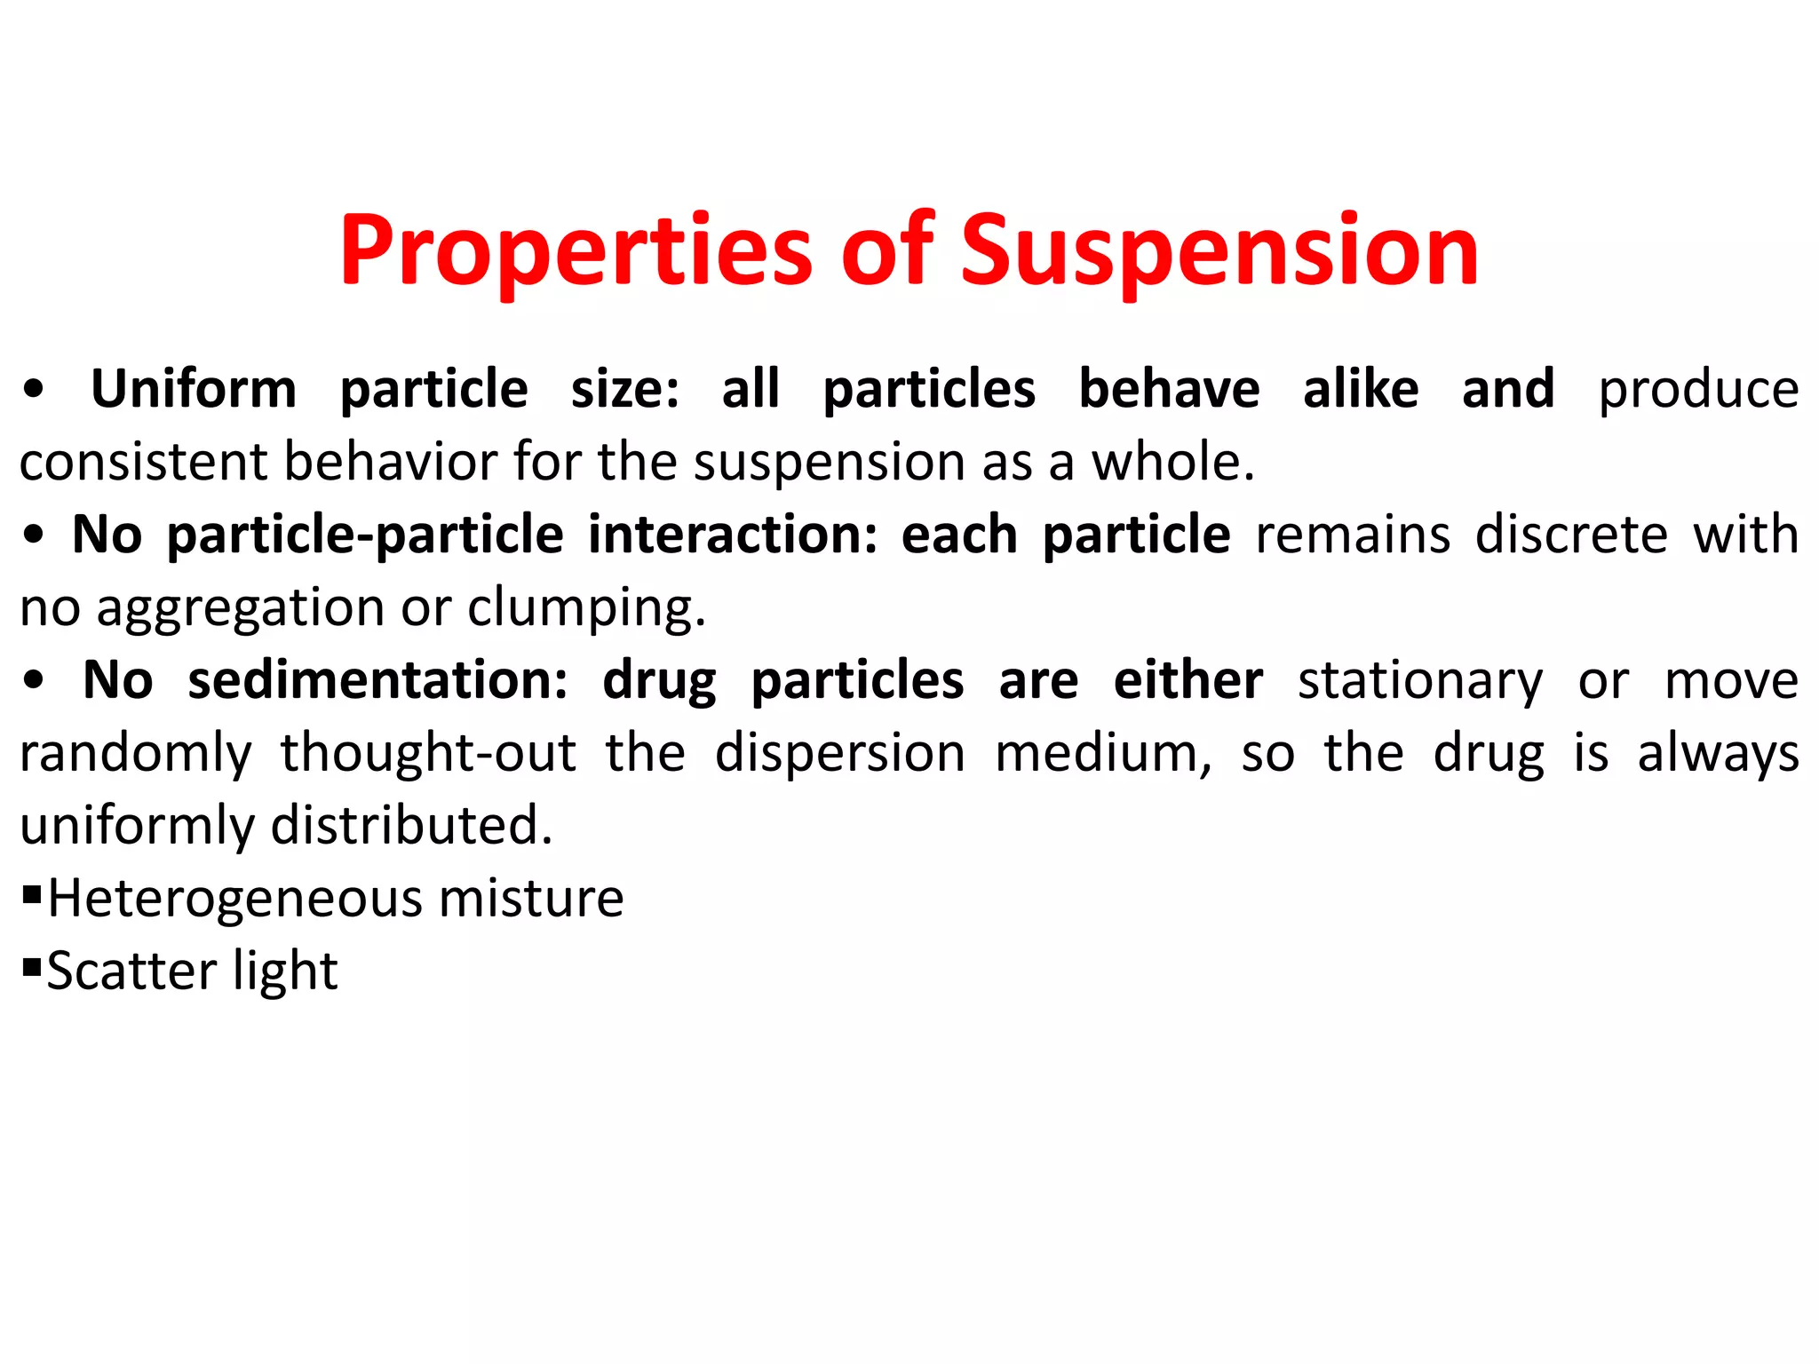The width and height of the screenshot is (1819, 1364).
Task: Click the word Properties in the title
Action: click(x=576, y=251)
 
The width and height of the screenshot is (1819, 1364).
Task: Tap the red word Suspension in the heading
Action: click(x=1219, y=251)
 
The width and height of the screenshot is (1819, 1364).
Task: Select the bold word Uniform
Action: click(x=194, y=389)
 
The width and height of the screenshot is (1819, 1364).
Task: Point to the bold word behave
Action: click(x=1169, y=389)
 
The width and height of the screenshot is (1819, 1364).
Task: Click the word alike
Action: click(x=1361, y=389)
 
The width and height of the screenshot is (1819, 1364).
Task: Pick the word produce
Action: click(x=1698, y=389)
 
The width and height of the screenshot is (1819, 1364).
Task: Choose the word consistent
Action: click(x=143, y=462)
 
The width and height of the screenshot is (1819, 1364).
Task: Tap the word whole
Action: click(x=1172, y=462)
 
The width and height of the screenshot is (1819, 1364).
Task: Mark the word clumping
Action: click(x=586, y=609)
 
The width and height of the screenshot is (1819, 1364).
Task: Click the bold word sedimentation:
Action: click(x=377, y=680)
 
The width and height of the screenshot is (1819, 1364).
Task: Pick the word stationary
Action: click(x=1420, y=680)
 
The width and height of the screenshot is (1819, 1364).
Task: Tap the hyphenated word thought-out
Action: click(x=428, y=753)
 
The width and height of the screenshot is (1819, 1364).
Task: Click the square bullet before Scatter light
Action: click(x=32, y=965)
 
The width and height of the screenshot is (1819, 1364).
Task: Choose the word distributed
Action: click(x=411, y=825)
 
